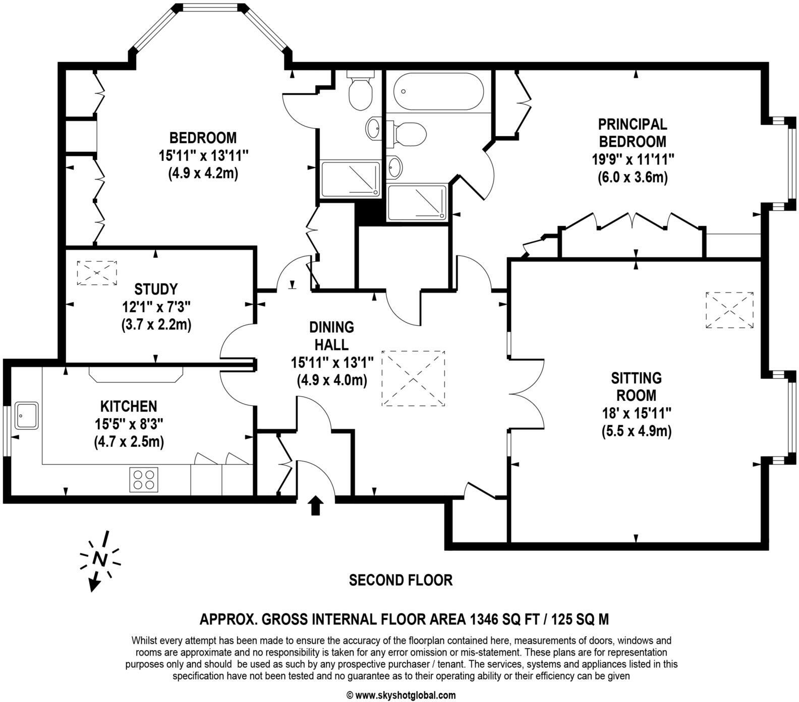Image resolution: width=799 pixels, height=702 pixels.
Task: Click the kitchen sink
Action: (x=27, y=415)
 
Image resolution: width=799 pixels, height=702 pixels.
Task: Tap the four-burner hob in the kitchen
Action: (x=144, y=479)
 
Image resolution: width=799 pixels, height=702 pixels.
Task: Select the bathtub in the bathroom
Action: (x=438, y=91)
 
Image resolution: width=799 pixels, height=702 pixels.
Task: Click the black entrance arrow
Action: (x=316, y=505)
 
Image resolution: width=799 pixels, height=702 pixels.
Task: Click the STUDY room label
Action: (x=156, y=289)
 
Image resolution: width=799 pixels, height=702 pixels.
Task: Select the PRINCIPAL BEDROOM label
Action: (x=632, y=132)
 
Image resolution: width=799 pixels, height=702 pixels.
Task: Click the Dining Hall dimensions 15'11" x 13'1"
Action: (x=332, y=362)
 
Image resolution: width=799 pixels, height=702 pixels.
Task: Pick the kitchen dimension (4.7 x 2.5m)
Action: (x=129, y=442)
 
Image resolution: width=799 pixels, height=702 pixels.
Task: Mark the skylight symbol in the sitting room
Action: (x=729, y=310)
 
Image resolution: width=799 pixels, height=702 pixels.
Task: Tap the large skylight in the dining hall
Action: (x=414, y=378)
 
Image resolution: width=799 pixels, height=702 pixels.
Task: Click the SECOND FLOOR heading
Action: (x=401, y=580)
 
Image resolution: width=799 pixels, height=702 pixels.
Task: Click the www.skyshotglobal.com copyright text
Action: (x=401, y=695)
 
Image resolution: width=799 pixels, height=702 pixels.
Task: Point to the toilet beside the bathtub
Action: (x=410, y=134)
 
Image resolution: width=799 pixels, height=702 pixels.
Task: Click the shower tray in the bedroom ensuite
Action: (x=350, y=179)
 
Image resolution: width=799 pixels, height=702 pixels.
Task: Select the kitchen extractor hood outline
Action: (x=136, y=372)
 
